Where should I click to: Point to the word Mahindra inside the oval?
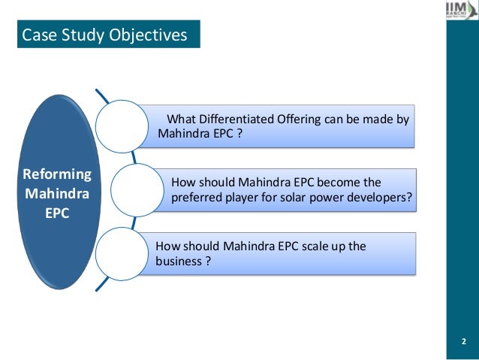(58, 192)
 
